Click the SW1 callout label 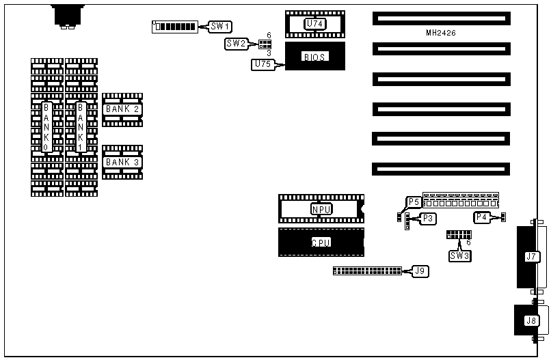click(x=221, y=27)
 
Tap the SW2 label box click(x=236, y=44)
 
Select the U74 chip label click(x=314, y=24)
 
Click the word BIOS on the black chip click(x=314, y=57)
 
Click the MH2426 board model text click(x=441, y=33)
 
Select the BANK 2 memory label click(x=122, y=109)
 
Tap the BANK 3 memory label click(x=122, y=162)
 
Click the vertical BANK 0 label click(x=47, y=127)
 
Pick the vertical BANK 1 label click(x=81, y=127)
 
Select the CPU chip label click(x=321, y=243)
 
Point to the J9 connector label click(x=422, y=271)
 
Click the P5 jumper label click(x=414, y=202)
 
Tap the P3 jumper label click(x=428, y=218)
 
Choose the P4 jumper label click(x=482, y=217)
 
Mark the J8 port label click(x=531, y=320)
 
